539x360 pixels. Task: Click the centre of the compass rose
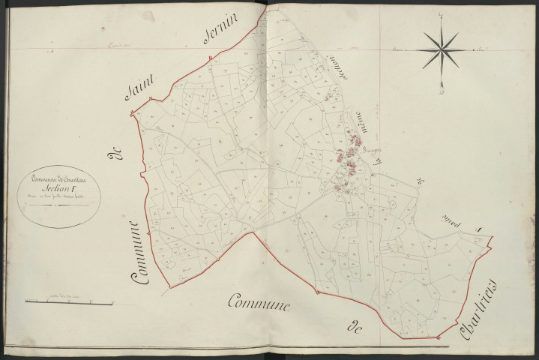pos(441,50)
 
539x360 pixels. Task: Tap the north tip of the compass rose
pos(441,15)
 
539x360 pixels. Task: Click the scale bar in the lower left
pos(68,302)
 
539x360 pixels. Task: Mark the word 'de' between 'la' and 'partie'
pos(420,184)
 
